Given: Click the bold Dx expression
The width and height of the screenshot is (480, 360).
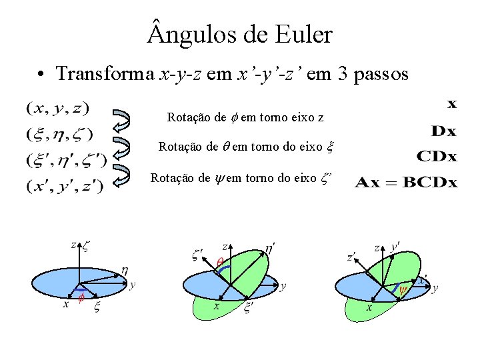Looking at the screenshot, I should click(443, 131).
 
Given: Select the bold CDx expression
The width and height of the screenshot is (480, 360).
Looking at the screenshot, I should click(437, 157).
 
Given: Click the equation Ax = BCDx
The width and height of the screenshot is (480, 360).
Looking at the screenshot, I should click(407, 182).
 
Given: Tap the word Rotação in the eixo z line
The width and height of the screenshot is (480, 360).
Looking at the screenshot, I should click(187, 118).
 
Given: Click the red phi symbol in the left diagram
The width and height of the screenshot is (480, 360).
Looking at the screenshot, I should click(80, 297).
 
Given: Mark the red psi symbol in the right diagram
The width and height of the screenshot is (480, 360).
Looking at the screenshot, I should click(403, 290).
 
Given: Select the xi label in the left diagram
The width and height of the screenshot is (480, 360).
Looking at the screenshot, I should click(97, 307).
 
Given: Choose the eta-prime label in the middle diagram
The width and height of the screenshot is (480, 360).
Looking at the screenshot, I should click(270, 248).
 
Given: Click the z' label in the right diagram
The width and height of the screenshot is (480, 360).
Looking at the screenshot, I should click(351, 257).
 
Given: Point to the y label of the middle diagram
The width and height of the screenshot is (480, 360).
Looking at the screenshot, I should click(283, 287).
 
